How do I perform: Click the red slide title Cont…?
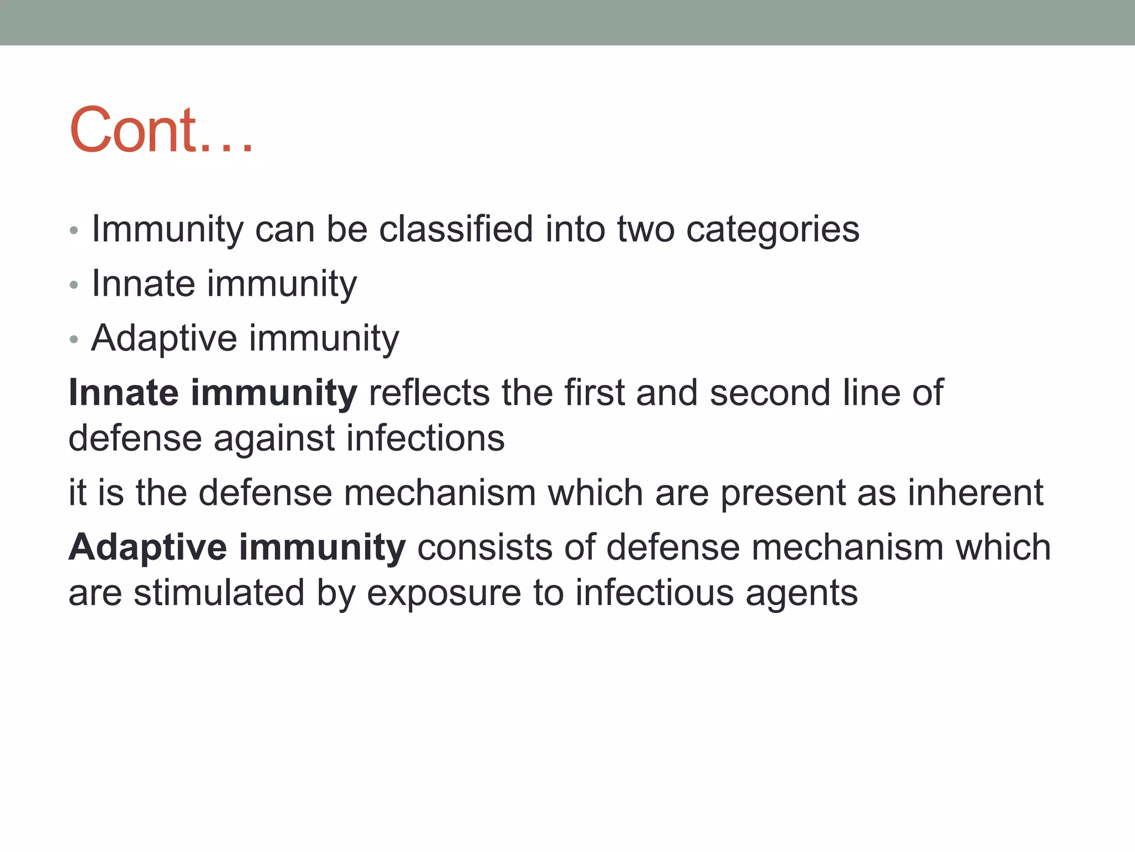pyautogui.click(x=161, y=130)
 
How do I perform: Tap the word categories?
pyautogui.click(x=773, y=230)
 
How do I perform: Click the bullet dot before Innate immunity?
pyautogui.click(x=74, y=286)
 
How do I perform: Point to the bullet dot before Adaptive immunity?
pyautogui.click(x=74, y=340)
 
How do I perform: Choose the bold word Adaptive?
pyautogui.click(x=147, y=547)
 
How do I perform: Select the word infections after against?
pyautogui.click(x=426, y=438)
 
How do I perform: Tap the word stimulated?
pyautogui.click(x=219, y=592)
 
